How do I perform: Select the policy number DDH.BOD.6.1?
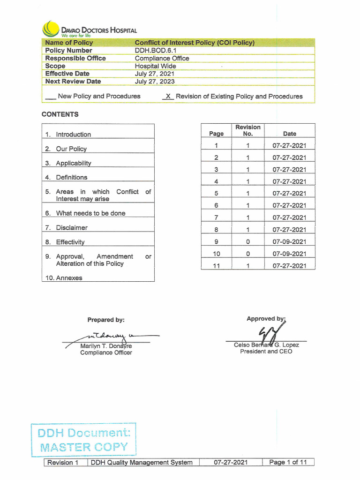pyautogui.click(x=156, y=51)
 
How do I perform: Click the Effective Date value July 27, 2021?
pyautogui.click(x=155, y=74)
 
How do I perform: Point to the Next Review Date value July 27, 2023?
pyautogui.click(x=155, y=82)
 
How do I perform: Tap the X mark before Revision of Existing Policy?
pyautogui.click(x=167, y=96)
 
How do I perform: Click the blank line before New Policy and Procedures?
pyautogui.click(x=50, y=97)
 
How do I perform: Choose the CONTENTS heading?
pyautogui.click(x=60, y=114)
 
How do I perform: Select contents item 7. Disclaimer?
pyautogui.click(x=71, y=228)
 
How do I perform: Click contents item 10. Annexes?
pyautogui.click(x=68, y=278)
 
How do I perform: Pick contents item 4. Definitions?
pyautogui.click(x=71, y=178)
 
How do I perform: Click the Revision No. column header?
pyautogui.click(x=248, y=130)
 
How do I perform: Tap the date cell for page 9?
pyautogui.click(x=289, y=242)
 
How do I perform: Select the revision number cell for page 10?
pyautogui.click(x=247, y=254)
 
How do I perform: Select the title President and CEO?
pyautogui.click(x=266, y=352)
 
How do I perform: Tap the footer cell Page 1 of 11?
pyautogui.click(x=288, y=463)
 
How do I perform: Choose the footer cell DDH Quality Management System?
pyautogui.click(x=142, y=463)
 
